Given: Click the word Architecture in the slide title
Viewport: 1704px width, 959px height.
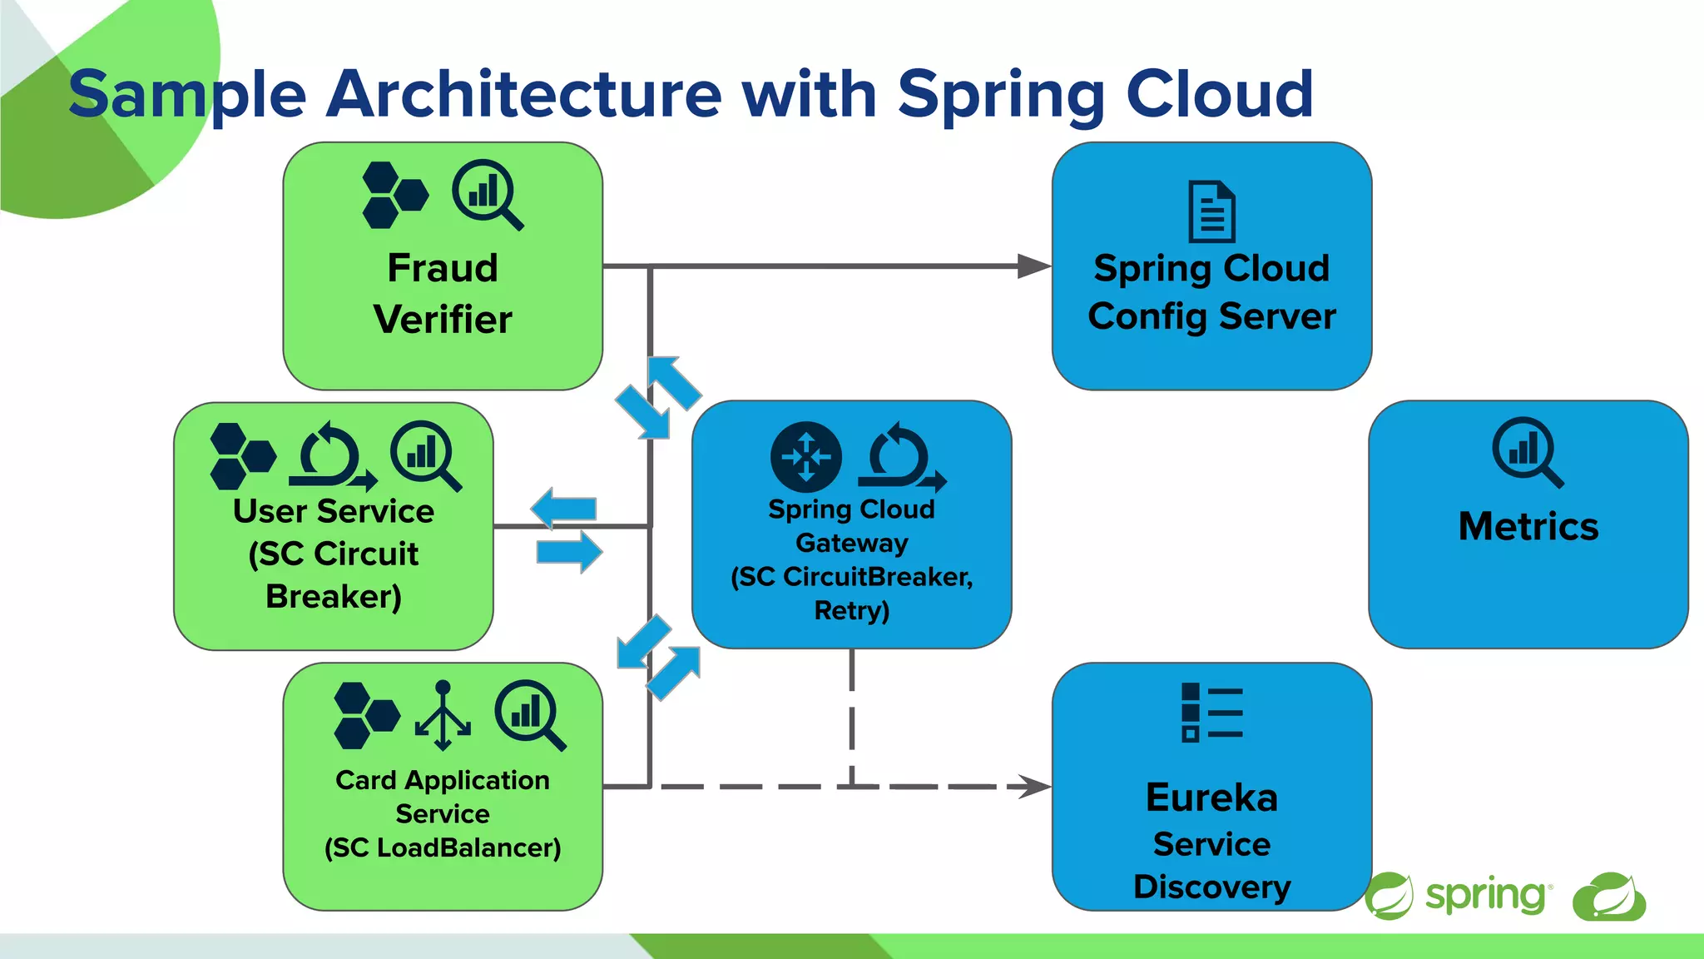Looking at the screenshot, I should (524, 93).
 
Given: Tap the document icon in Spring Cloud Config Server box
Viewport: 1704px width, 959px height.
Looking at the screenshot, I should (1211, 211).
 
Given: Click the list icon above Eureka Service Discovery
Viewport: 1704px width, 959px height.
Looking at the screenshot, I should (1211, 713).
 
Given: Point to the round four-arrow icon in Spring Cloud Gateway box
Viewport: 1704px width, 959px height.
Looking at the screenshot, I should (805, 457).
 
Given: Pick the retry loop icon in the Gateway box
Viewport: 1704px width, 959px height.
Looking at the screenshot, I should (901, 457).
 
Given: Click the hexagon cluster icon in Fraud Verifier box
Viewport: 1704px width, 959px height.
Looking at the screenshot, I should (395, 196).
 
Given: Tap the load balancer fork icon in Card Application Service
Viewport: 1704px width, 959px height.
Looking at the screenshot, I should (443, 715).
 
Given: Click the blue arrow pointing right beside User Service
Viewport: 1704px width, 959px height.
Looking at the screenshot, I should (569, 551).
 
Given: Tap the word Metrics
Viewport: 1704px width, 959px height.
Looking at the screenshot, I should (1528, 527).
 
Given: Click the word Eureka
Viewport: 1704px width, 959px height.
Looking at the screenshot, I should (1211, 798).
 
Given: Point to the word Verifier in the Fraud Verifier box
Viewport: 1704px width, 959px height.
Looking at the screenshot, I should (443, 320).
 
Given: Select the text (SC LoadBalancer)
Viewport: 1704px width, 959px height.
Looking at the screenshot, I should (443, 848).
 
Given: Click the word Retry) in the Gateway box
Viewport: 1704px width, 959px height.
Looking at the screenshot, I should (851, 610).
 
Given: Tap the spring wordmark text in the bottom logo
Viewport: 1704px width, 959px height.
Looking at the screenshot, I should (1485, 896).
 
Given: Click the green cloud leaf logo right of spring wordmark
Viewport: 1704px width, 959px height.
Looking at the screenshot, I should (1608, 897).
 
